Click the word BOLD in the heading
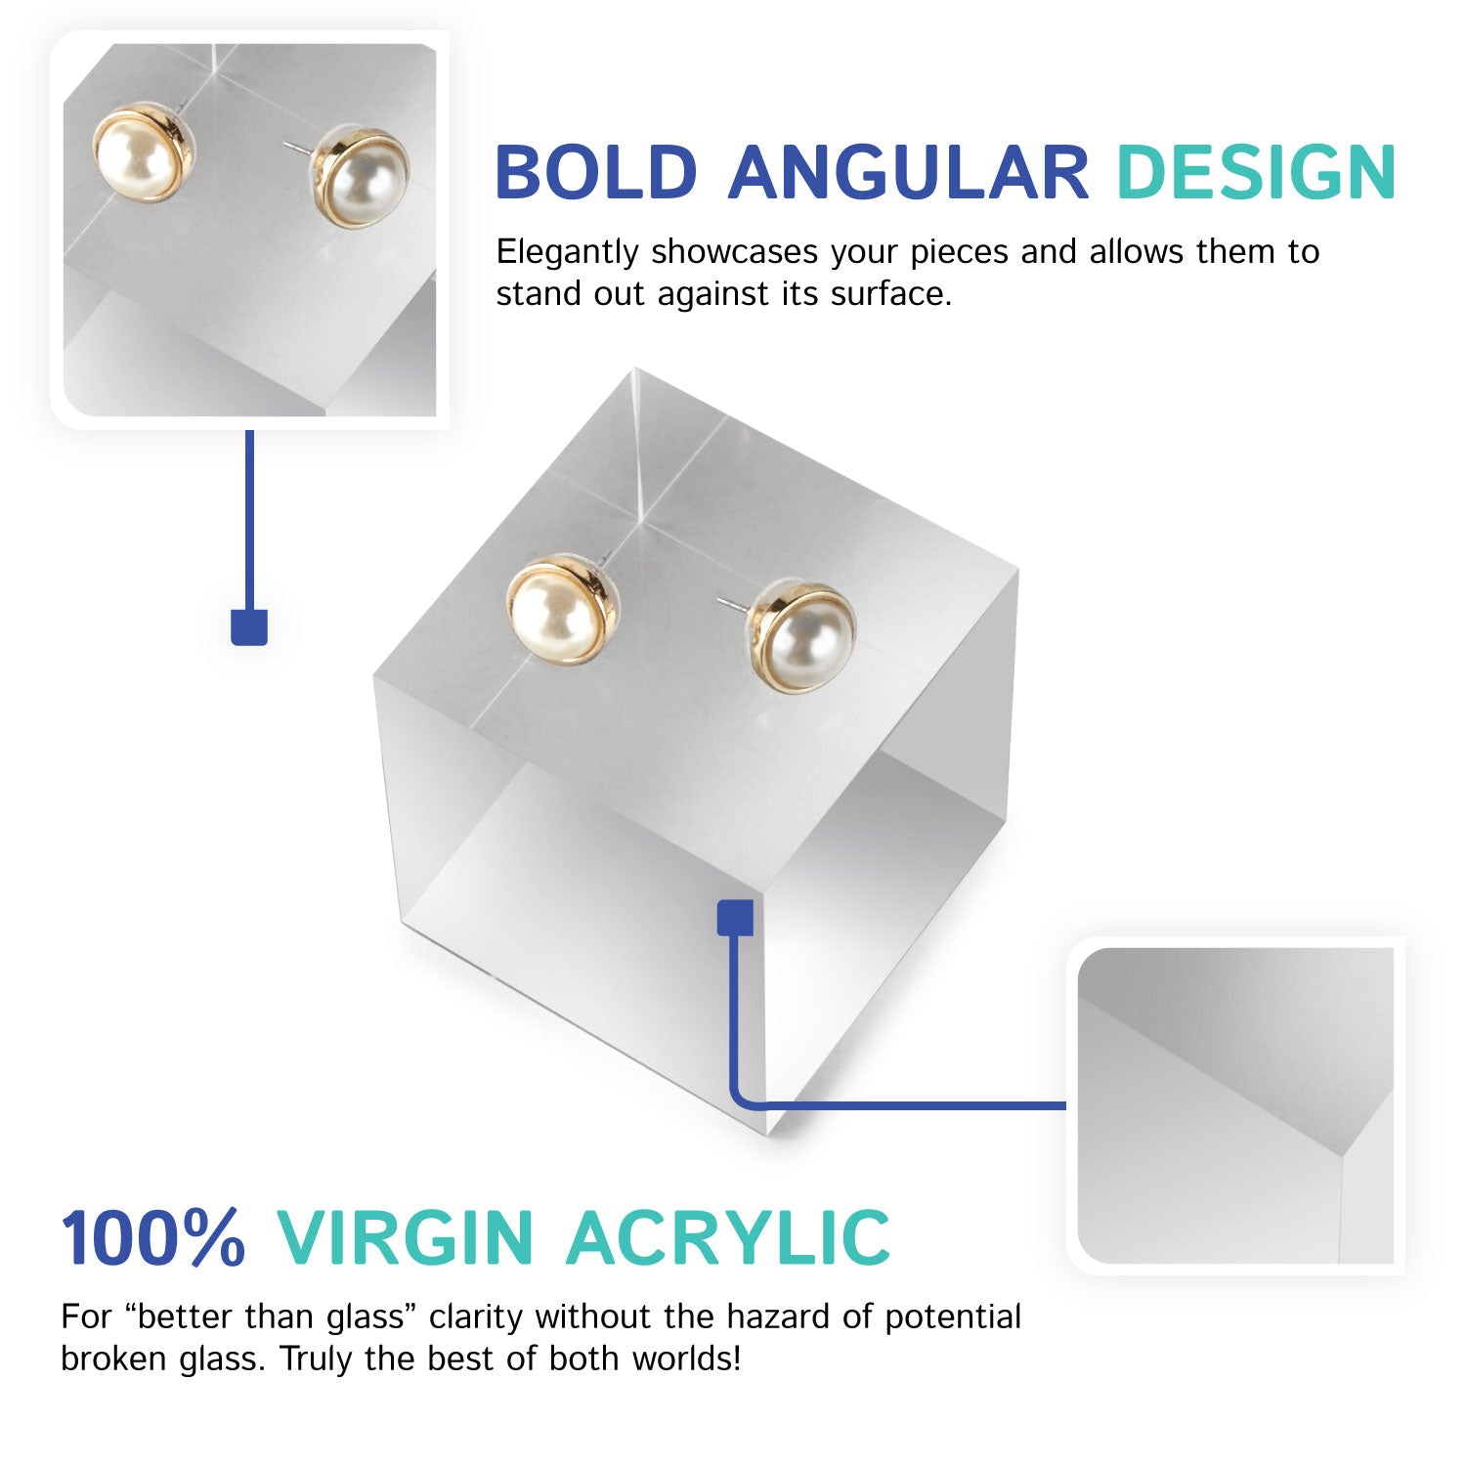coord(595,172)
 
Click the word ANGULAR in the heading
coord(908,172)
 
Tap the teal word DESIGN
coord(1256,172)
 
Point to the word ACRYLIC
coord(728,1237)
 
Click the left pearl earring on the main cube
coord(553,612)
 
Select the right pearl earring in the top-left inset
coord(364,180)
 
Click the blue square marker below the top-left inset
coord(249,626)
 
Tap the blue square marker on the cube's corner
coord(735,918)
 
